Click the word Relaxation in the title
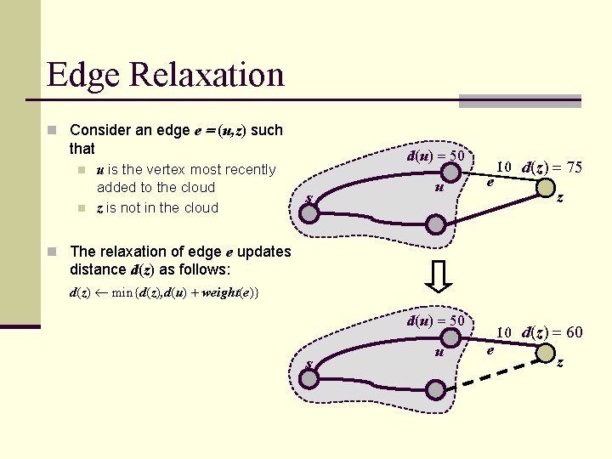coord(207,75)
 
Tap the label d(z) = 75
coord(552,167)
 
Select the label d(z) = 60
coord(552,332)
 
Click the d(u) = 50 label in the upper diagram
coord(435,156)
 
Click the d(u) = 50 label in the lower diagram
coord(435,320)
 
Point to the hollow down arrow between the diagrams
coord(436,275)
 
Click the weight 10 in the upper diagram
coord(503,167)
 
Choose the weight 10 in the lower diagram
coord(503,332)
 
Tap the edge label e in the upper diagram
coord(490,182)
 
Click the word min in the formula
coord(126,293)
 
